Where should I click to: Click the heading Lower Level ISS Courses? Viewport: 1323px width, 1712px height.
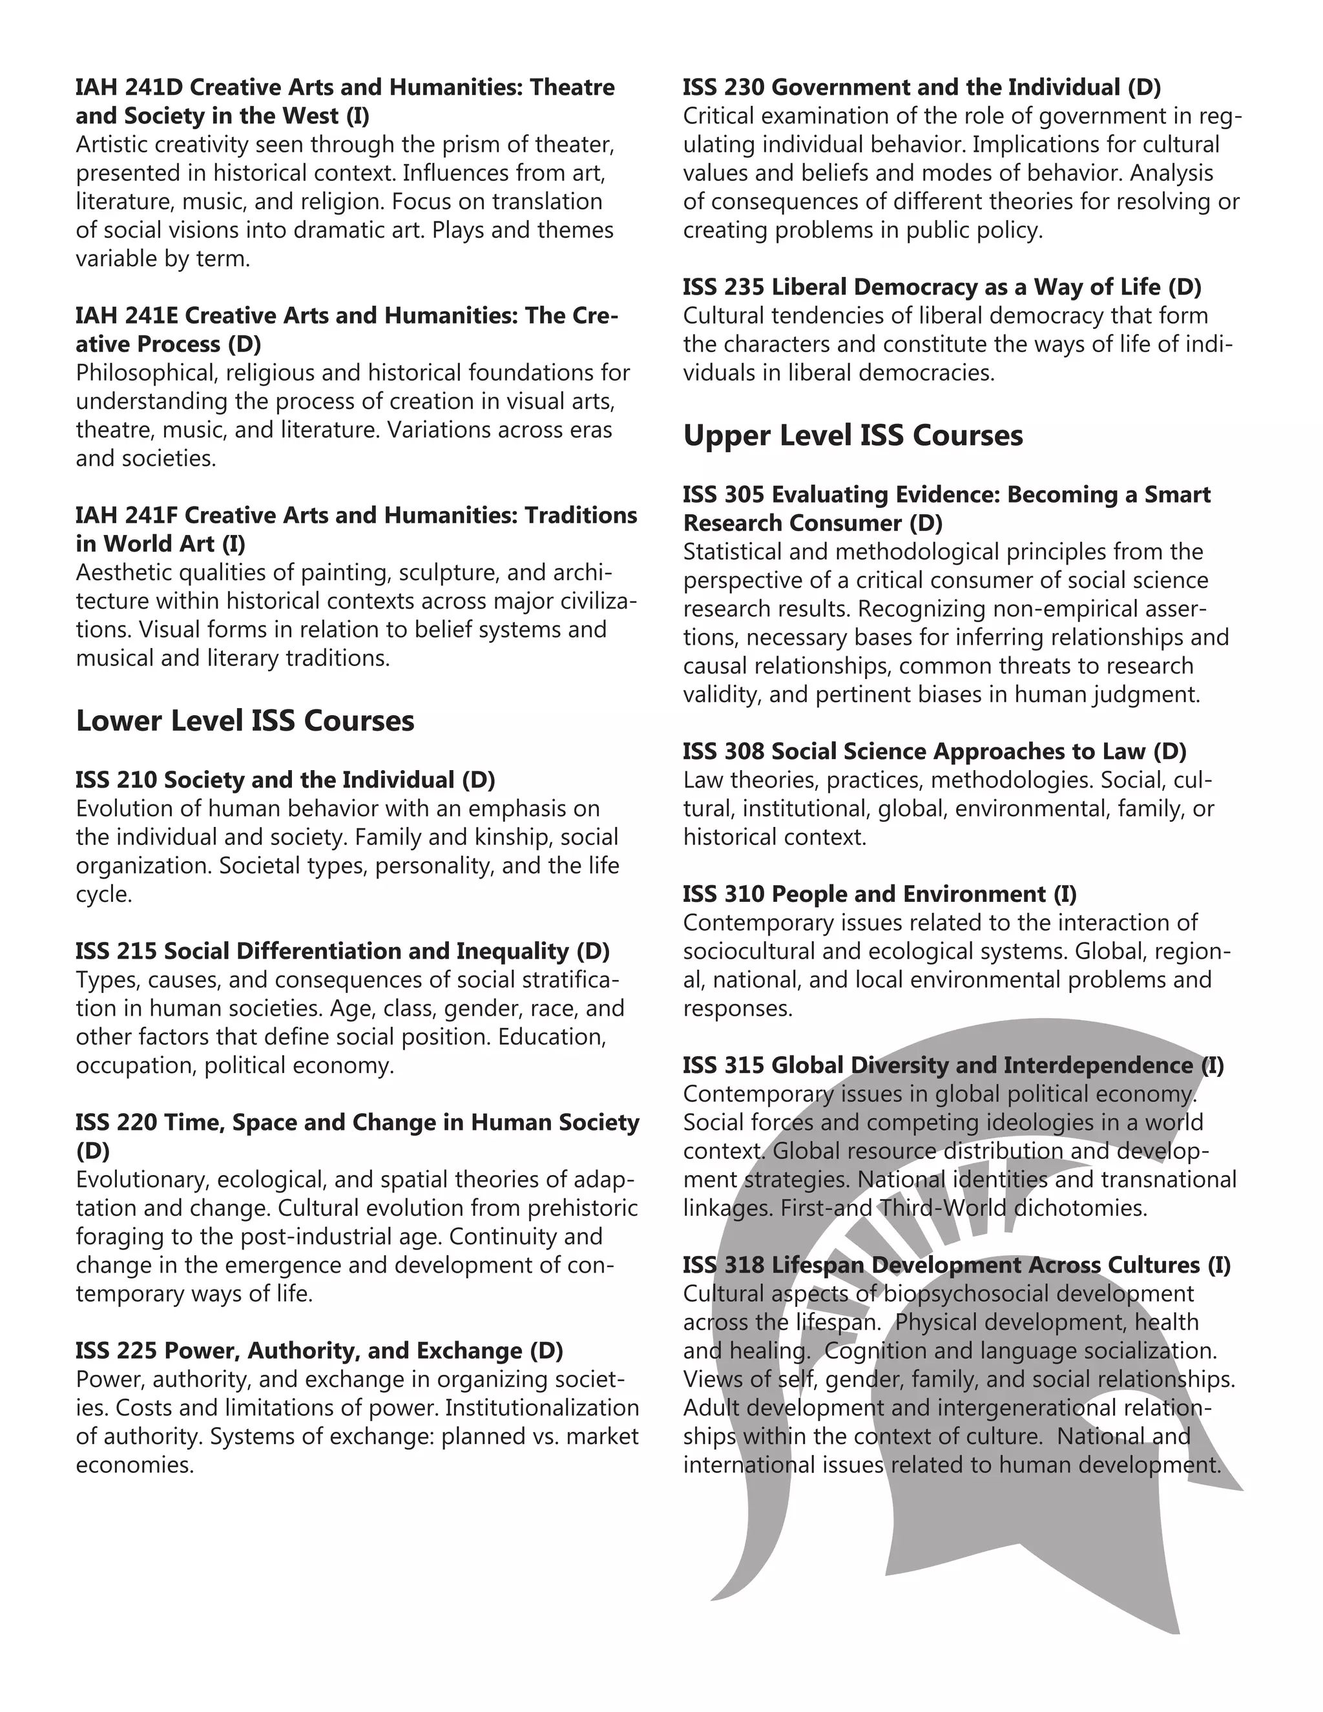(x=245, y=721)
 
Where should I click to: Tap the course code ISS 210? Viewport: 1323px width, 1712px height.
(x=117, y=780)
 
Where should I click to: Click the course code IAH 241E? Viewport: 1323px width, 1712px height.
(x=127, y=316)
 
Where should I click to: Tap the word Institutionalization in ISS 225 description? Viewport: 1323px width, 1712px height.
(x=541, y=1408)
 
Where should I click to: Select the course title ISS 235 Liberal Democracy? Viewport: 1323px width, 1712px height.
(x=941, y=287)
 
